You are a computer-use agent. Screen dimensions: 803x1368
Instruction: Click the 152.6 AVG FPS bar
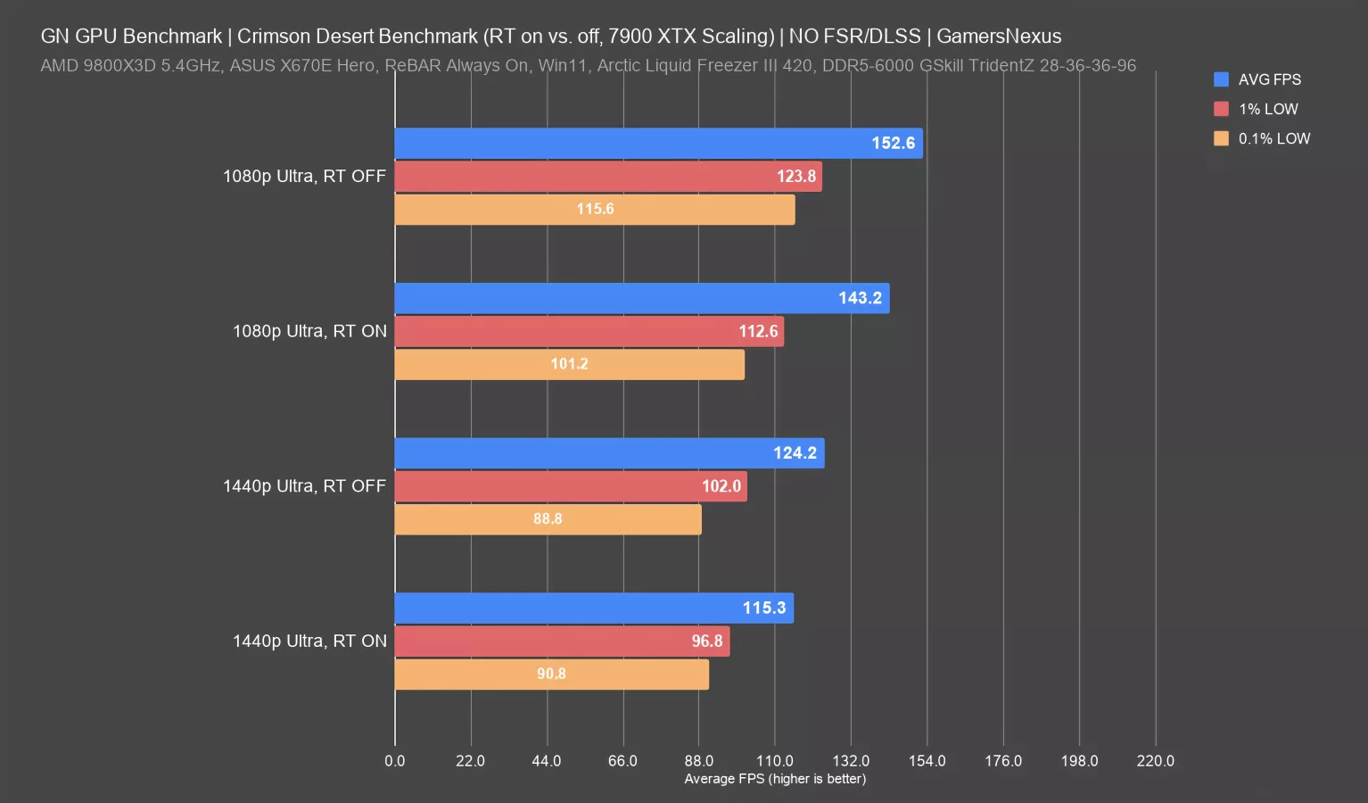click(x=658, y=144)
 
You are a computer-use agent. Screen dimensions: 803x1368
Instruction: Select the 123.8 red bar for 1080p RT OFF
click(x=608, y=177)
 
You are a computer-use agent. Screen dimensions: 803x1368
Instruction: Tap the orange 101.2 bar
click(x=569, y=364)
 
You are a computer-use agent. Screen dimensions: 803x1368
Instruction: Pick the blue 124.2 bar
click(x=609, y=453)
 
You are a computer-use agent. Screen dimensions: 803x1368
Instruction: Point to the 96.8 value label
click(x=707, y=642)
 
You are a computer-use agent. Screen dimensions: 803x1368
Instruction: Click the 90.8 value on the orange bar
click(x=551, y=674)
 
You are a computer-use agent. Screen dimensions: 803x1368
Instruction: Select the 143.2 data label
click(x=860, y=298)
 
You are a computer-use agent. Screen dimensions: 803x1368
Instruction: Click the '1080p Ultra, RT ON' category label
click(x=309, y=331)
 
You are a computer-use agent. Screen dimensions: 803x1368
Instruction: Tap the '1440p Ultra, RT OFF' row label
click(x=304, y=486)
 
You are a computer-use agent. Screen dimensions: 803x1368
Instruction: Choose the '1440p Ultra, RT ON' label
click(x=309, y=641)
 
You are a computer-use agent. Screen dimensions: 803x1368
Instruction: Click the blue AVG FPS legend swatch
click(x=1221, y=79)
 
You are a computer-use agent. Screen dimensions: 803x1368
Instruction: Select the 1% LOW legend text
click(x=1268, y=109)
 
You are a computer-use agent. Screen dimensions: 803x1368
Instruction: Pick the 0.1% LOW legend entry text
click(x=1274, y=138)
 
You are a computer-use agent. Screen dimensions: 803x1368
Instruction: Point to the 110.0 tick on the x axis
click(x=774, y=761)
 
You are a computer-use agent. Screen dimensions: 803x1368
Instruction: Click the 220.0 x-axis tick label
click(x=1155, y=761)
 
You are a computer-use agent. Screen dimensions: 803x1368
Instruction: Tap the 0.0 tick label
click(x=394, y=761)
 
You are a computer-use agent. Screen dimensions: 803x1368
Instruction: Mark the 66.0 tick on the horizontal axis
click(x=622, y=761)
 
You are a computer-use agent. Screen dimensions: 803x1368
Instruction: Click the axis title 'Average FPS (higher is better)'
click(x=775, y=779)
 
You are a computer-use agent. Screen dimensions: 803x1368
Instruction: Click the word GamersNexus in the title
click(x=999, y=37)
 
